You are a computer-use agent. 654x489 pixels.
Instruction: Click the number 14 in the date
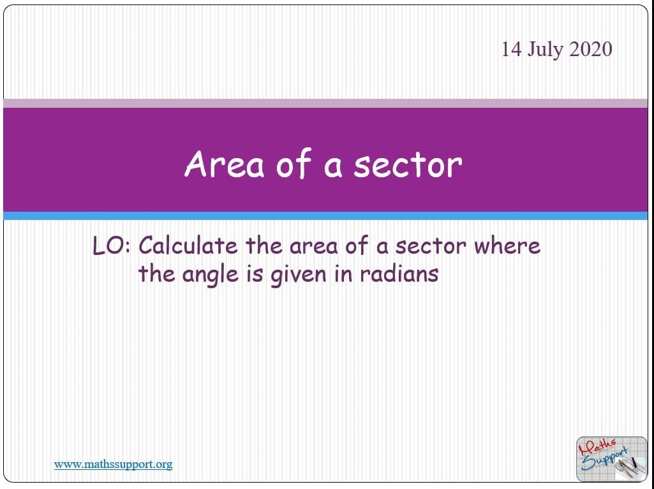pyautogui.click(x=511, y=49)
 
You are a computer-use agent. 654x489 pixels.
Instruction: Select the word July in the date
pyautogui.click(x=545, y=50)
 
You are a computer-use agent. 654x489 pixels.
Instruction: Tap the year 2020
pyautogui.click(x=591, y=49)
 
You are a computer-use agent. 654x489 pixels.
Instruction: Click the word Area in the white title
pyautogui.click(x=225, y=164)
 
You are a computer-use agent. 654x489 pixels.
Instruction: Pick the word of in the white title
pyautogui.click(x=294, y=163)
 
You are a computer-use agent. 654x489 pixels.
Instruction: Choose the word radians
pyautogui.click(x=399, y=274)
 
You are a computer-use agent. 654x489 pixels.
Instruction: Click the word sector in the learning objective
pyautogui.click(x=431, y=246)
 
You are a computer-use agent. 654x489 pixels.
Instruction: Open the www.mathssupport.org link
pyautogui.click(x=113, y=464)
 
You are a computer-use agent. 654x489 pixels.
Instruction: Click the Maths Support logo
pyautogui.click(x=611, y=459)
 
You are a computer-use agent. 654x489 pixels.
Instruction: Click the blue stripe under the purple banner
pyautogui.click(x=325, y=215)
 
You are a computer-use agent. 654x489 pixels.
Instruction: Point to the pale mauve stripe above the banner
pyautogui.click(x=325, y=103)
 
